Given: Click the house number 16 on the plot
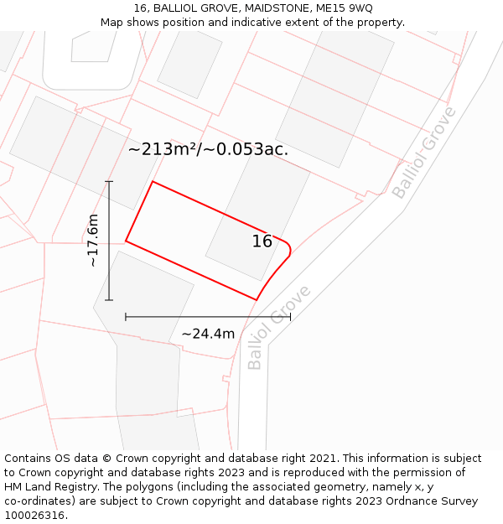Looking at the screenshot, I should (262, 241).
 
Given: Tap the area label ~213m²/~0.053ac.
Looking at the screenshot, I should (208, 150).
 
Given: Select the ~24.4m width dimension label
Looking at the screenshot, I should (208, 334).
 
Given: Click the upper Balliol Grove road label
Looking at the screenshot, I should (424, 153).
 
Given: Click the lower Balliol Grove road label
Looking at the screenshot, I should (279, 328).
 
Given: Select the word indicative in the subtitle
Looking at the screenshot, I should (249, 23).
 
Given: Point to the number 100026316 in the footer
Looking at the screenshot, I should (36, 516).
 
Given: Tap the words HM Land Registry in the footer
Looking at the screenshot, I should (49, 487).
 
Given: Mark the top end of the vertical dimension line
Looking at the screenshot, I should (109, 181).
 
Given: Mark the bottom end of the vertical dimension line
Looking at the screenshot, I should (109, 299).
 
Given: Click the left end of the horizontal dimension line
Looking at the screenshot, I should (126, 317).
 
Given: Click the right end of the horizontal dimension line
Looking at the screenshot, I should (290, 317).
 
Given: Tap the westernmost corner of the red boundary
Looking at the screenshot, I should (126, 241).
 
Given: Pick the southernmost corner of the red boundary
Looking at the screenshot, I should (256, 299).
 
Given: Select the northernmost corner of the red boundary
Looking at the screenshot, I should (152, 181).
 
